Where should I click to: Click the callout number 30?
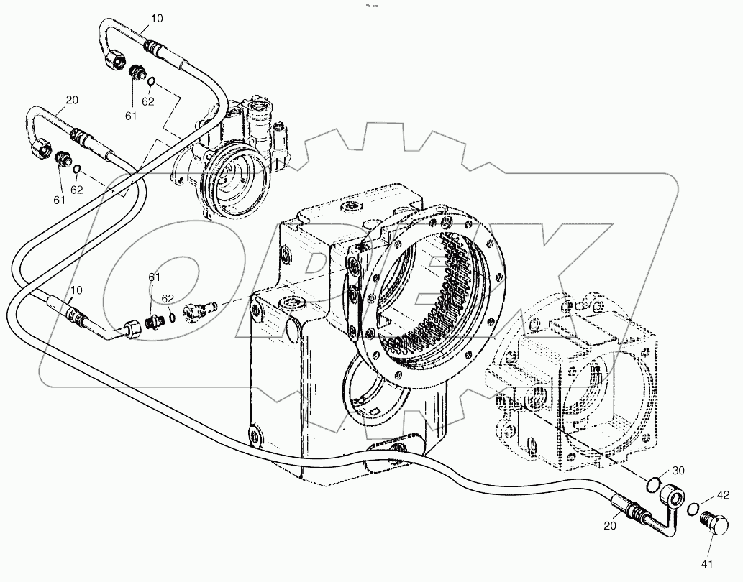point(679,471)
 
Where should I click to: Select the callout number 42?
point(722,495)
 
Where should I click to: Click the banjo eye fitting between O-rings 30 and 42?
point(674,496)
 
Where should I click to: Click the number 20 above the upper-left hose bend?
point(72,100)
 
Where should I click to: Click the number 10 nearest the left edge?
point(77,290)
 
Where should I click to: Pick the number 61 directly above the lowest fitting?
point(155,277)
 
